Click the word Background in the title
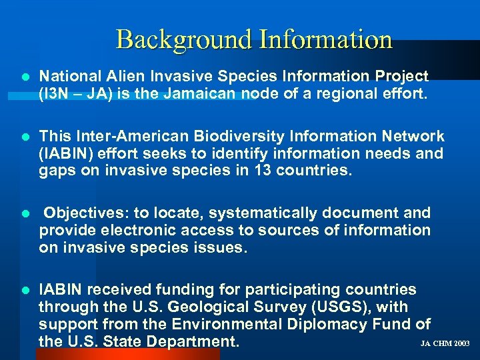[x=182, y=39]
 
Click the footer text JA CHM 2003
[x=445, y=344]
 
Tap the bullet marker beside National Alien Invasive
[x=25, y=77]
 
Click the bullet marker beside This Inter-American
[x=25, y=137]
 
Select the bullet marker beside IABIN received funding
[x=25, y=291]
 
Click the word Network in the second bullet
[x=410, y=137]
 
